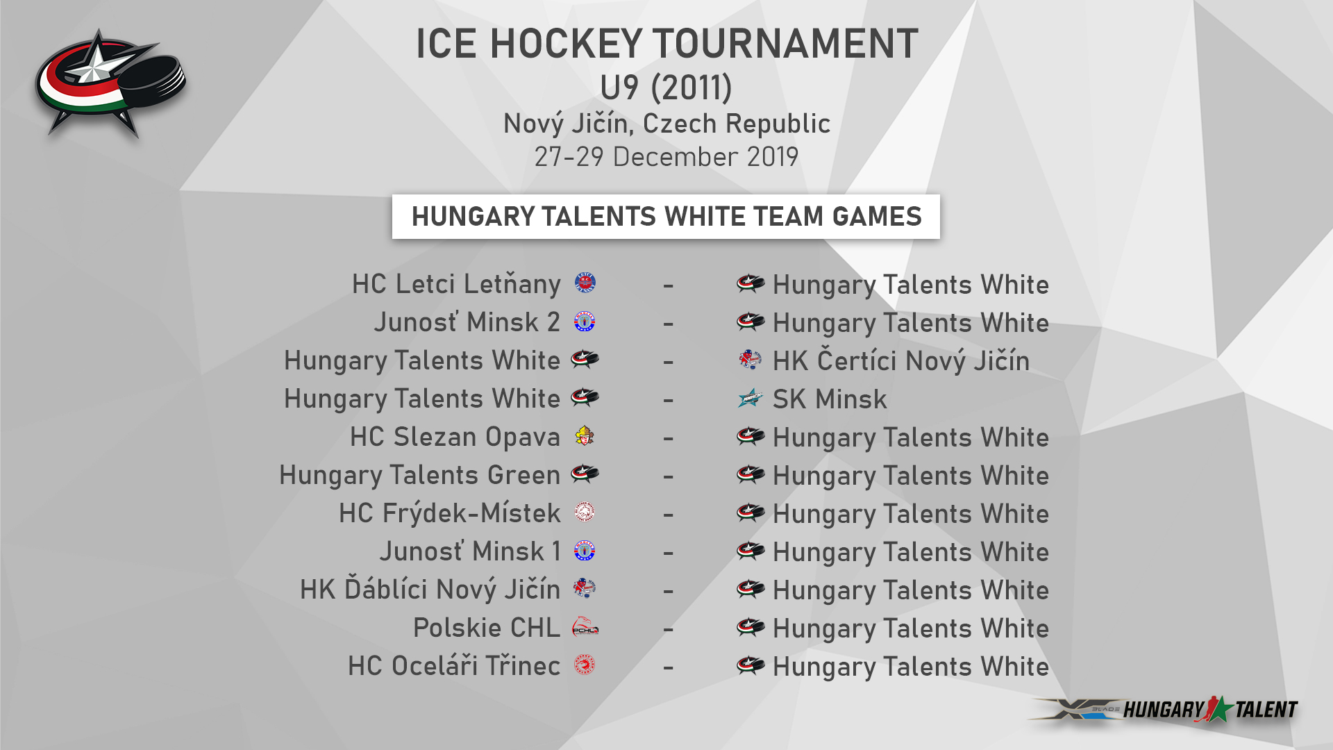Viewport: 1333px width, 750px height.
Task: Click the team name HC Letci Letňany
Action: click(x=456, y=285)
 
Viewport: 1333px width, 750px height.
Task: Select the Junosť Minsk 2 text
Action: click(x=467, y=322)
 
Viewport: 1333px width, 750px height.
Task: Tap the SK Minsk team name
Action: click(x=830, y=399)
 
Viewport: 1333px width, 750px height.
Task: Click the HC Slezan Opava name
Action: click(x=455, y=437)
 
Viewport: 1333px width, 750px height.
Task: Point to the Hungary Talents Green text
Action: click(x=419, y=476)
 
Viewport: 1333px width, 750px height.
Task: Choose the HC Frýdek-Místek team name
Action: click(x=449, y=513)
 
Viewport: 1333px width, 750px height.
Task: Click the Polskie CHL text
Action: click(x=487, y=628)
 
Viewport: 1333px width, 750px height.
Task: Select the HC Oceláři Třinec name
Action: click(x=454, y=665)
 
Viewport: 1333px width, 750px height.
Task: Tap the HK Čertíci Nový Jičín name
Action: click(x=900, y=360)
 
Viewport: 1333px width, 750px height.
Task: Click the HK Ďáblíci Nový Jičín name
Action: click(x=430, y=589)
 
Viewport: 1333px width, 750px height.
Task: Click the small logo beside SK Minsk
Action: click(x=750, y=399)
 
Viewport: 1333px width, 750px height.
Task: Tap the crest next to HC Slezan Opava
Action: click(x=585, y=436)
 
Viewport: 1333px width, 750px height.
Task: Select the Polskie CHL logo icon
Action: click(x=585, y=628)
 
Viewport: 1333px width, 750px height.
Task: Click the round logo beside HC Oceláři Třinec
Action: click(x=585, y=665)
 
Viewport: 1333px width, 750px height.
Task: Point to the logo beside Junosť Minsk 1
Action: click(x=585, y=551)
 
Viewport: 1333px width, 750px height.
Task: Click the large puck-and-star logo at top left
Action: click(x=110, y=84)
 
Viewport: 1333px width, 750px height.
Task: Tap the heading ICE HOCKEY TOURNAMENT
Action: click(x=666, y=44)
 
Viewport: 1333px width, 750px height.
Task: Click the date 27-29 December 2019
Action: click(x=666, y=157)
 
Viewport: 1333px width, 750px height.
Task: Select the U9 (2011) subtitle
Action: click(x=666, y=87)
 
